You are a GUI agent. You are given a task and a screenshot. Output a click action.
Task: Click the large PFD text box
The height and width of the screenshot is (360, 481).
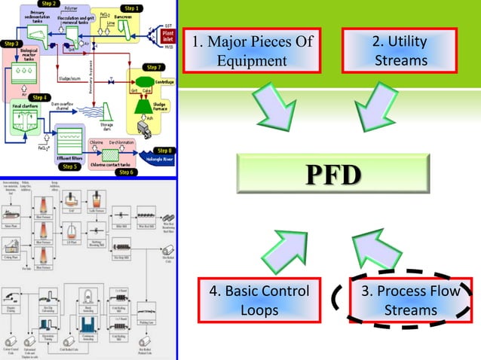[331, 175]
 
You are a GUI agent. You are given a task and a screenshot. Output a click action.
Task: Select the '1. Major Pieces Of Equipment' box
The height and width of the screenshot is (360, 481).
[252, 50]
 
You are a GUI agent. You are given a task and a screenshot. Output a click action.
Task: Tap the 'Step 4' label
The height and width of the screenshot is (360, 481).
[40, 97]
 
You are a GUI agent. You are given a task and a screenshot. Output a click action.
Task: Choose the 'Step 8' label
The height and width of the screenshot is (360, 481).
[163, 150]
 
